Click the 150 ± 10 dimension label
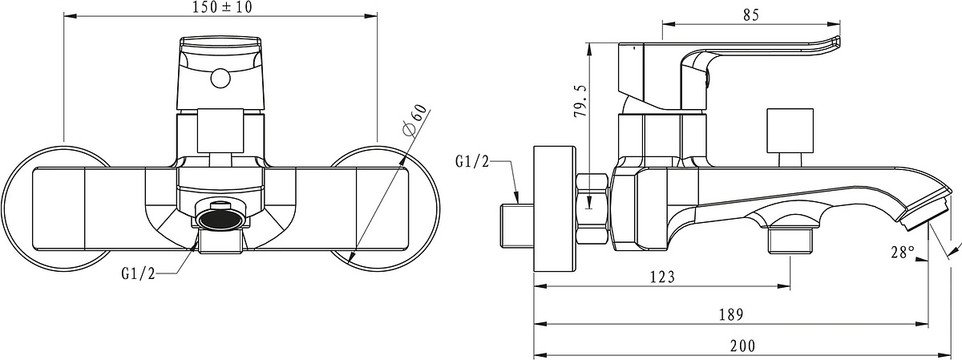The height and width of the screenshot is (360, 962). tap(222, 7)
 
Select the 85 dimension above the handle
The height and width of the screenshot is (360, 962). tap(750, 15)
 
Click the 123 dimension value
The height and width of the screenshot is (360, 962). tap(662, 277)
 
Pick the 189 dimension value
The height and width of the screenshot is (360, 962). tap(731, 314)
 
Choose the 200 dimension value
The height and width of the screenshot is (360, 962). tap(742, 346)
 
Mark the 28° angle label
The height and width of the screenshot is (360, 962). tap(903, 253)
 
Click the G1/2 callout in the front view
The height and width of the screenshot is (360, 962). tap(138, 273)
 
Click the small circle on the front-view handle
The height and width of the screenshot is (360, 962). tap(220, 79)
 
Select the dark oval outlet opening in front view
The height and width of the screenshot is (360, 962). tap(221, 220)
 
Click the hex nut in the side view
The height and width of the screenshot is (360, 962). tap(592, 208)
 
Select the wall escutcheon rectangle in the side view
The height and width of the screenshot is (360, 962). tap(554, 208)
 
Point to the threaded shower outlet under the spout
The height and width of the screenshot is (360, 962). tap(790, 240)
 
